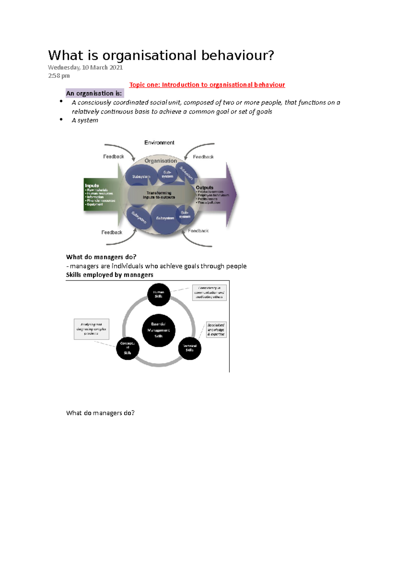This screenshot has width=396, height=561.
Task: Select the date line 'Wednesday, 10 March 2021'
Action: (85, 67)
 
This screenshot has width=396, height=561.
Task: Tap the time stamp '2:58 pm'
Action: (59, 76)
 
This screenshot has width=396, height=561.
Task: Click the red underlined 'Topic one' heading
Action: (207, 85)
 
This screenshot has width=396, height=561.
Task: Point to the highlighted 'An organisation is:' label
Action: (94, 93)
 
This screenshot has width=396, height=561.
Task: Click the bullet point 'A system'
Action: (85, 120)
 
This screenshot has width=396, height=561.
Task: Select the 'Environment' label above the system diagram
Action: (159, 143)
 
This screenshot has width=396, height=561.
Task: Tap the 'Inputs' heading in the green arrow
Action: (92, 186)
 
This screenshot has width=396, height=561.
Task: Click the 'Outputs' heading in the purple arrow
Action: (205, 187)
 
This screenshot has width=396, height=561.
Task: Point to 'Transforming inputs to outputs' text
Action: (159, 195)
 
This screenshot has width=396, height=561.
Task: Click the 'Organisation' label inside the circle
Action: (161, 161)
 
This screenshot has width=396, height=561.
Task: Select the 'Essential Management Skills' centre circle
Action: (159, 330)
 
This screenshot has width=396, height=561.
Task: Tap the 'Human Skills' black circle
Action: (159, 294)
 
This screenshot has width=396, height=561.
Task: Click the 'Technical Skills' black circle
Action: (190, 348)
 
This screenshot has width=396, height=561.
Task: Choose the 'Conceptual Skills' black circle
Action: (128, 348)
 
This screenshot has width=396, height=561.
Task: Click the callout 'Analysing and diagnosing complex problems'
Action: (91, 329)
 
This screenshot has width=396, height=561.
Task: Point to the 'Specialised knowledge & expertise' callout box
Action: (216, 330)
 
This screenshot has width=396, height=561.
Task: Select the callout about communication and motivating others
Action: (209, 293)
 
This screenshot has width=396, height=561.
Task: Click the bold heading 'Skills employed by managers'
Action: (110, 275)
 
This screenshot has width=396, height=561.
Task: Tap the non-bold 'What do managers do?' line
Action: (100, 413)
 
